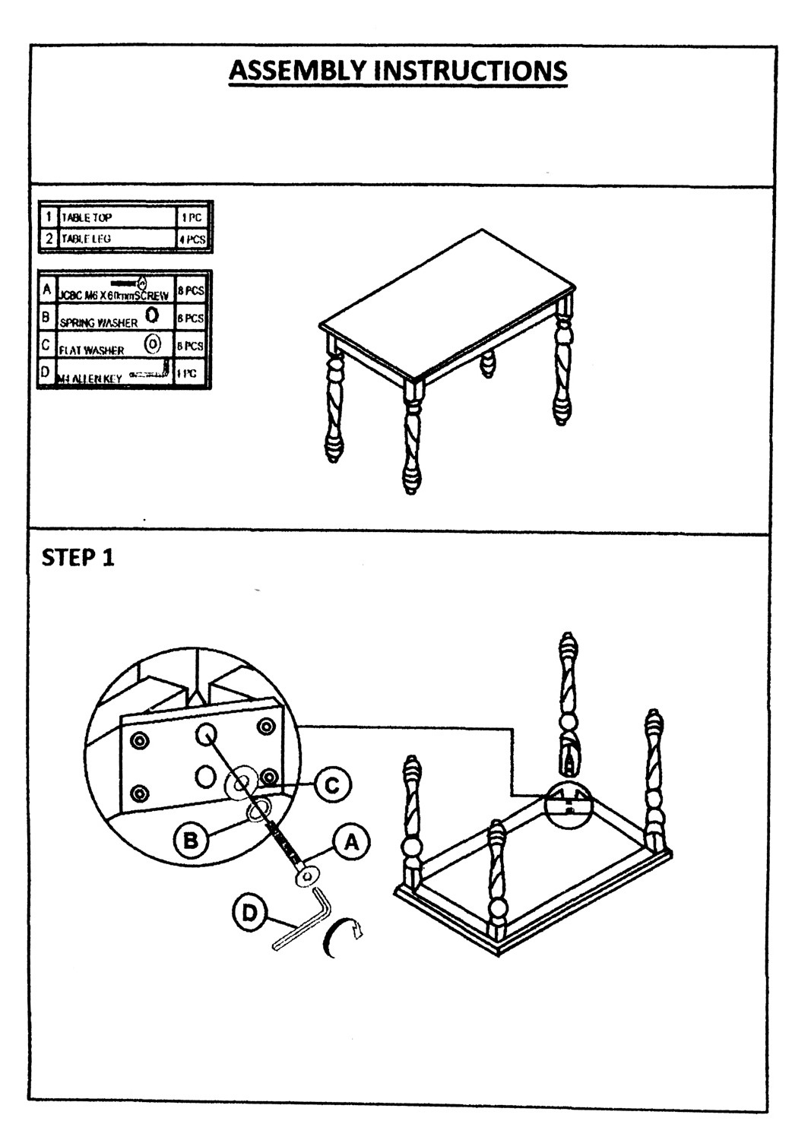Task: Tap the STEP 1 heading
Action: click(78, 558)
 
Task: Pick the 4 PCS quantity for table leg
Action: click(192, 239)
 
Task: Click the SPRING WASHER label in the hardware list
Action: click(99, 322)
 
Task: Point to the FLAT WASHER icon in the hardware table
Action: click(153, 344)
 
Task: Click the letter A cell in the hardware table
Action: click(47, 290)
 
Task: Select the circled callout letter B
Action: click(192, 840)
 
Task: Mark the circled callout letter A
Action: click(350, 842)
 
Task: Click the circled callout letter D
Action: click(249, 912)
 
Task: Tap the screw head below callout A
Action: click(306, 878)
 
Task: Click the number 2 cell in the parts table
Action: click(47, 239)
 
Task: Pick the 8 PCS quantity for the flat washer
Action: click(190, 346)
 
